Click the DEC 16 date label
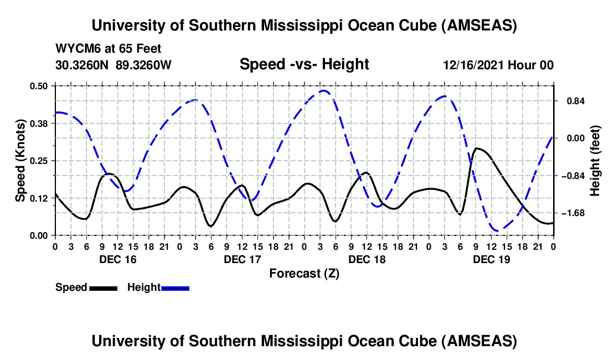pos(117,259)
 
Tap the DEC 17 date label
pos(242,259)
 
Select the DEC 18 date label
pos(367,259)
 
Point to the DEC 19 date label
pos(492,259)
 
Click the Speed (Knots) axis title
pos(20,161)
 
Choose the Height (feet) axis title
pos(596,161)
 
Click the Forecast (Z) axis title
pos(303,273)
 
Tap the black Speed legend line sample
pos(103,287)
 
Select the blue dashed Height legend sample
pos(175,287)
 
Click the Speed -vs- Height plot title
pos(304,64)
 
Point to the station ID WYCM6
pos(76,49)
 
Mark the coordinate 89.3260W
pos(144,65)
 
